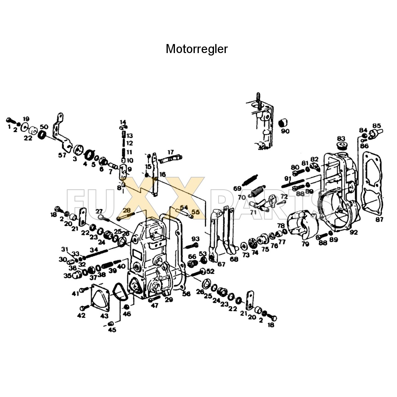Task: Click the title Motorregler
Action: click(x=197, y=49)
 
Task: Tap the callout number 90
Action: click(x=285, y=131)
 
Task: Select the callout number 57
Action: click(x=62, y=155)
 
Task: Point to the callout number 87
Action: click(x=379, y=219)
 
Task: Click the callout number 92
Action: click(x=354, y=232)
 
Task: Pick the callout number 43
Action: click(x=104, y=316)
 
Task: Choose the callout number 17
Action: click(x=171, y=152)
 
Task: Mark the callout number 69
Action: click(x=237, y=189)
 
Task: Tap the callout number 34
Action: click(x=94, y=250)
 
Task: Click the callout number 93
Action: click(x=195, y=239)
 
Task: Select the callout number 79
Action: click(x=305, y=244)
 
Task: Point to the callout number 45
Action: click(x=112, y=330)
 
